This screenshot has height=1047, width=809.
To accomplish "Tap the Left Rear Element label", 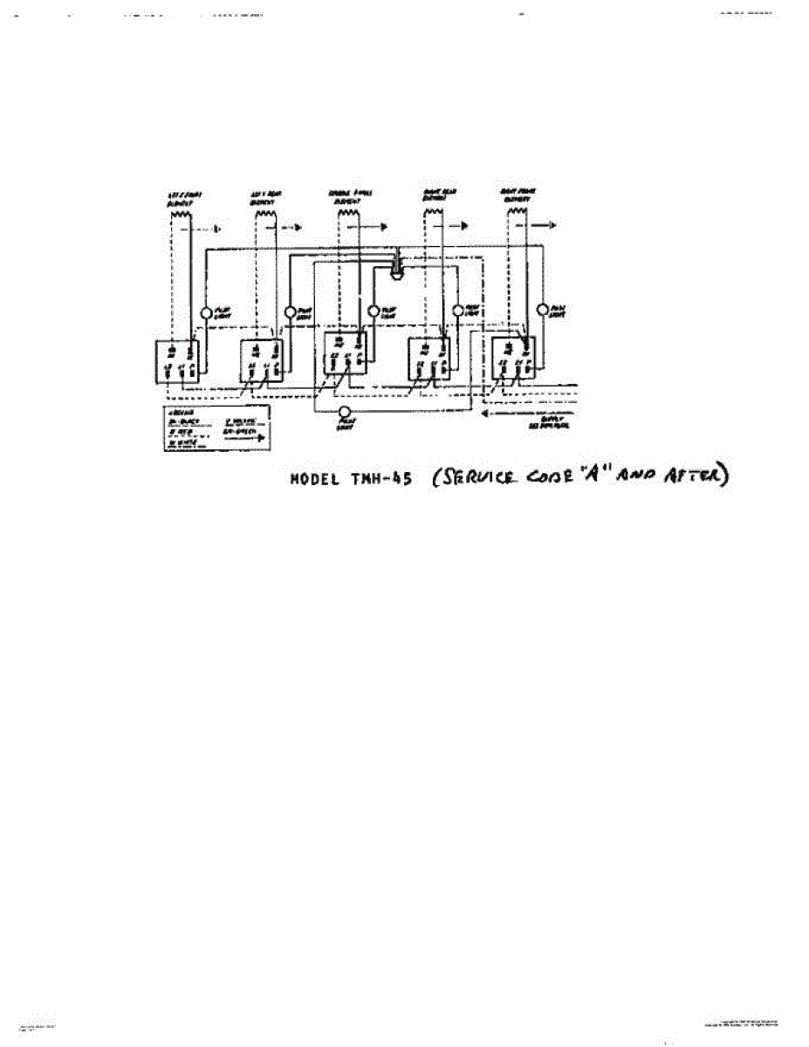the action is pos(266,198).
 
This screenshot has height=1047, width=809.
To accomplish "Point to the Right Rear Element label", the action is pos(433,197).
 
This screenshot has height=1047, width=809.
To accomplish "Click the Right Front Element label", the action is pos(516,198).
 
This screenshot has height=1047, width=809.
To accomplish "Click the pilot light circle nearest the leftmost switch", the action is pos(206,312).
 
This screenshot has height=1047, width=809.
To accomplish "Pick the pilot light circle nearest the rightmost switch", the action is pos(542,310).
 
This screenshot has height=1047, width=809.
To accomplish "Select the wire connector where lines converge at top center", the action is pos(395,264).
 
